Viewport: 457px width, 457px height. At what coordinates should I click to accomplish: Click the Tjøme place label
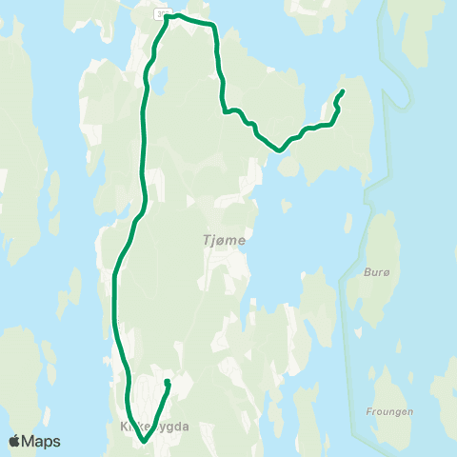(x=225, y=240)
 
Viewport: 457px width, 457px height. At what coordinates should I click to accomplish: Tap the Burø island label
(x=378, y=270)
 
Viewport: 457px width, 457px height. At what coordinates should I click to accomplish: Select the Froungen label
(x=388, y=412)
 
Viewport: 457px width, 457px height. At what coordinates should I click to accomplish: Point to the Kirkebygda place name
(x=156, y=427)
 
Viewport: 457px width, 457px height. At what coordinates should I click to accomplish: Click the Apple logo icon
(x=15, y=441)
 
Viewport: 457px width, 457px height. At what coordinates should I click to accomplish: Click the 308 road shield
(x=158, y=12)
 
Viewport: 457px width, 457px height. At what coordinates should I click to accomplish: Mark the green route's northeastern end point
(x=342, y=91)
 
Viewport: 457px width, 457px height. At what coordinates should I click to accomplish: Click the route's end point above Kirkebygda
(x=168, y=382)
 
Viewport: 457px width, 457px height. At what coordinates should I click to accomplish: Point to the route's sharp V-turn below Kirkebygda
(x=143, y=442)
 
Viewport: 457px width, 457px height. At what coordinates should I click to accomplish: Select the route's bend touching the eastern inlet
(x=279, y=149)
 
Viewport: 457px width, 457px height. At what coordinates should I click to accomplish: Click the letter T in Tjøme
(x=207, y=240)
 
